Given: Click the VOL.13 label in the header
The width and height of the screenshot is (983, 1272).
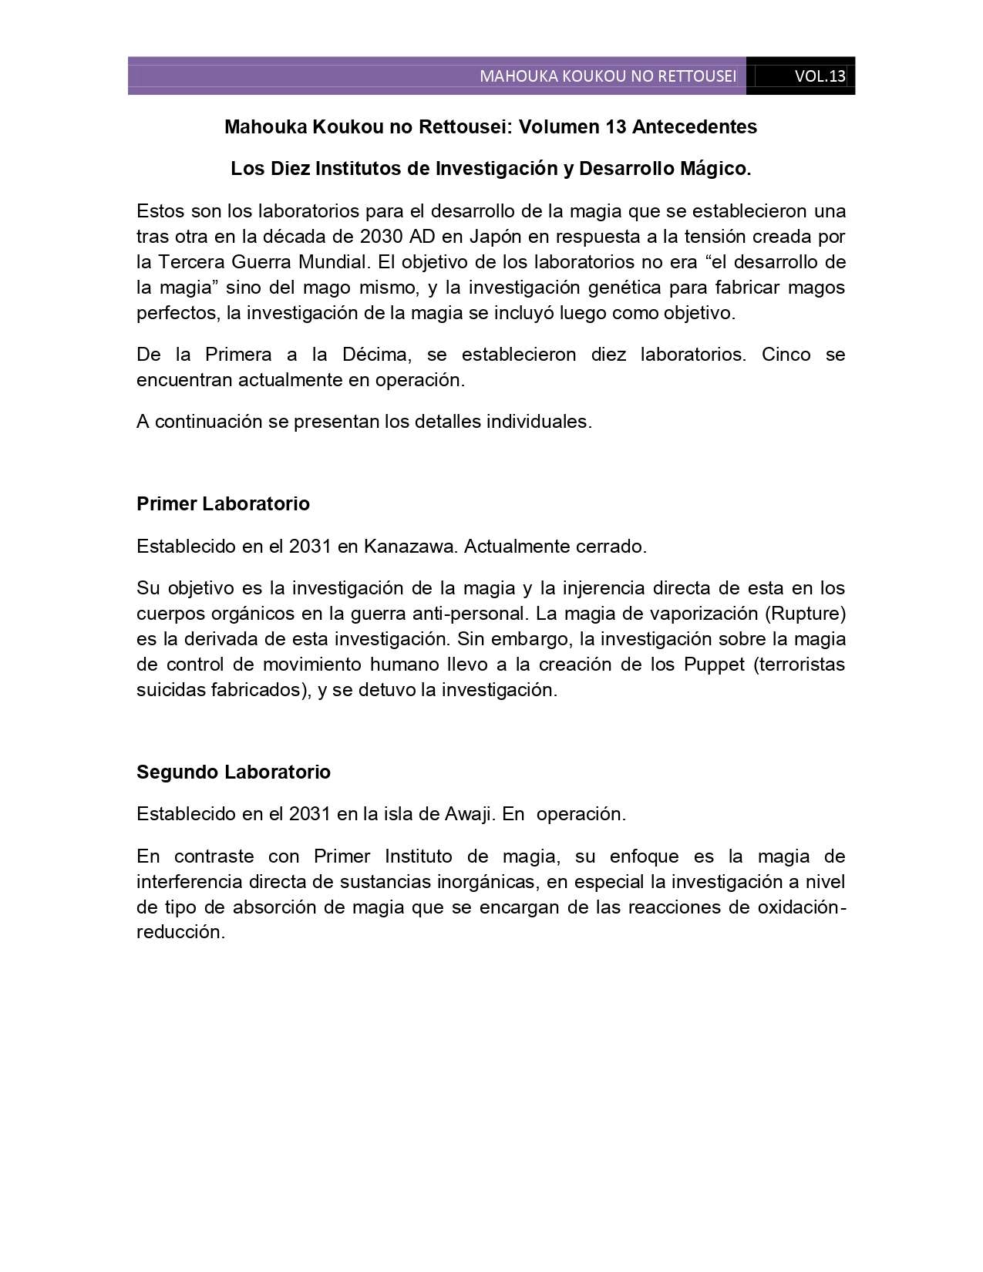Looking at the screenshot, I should pos(820,76).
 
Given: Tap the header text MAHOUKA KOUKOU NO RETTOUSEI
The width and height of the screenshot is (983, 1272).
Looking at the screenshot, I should pos(608,76).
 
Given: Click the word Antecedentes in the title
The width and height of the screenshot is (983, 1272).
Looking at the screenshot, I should pos(695,126).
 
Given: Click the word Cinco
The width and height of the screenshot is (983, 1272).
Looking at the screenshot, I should pos(786,354).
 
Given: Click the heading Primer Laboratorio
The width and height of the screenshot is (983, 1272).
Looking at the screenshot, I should pos(223,503).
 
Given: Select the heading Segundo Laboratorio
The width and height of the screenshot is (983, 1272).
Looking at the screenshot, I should pos(234,772).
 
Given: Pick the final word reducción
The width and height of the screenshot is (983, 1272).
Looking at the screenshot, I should pos(180,932).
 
